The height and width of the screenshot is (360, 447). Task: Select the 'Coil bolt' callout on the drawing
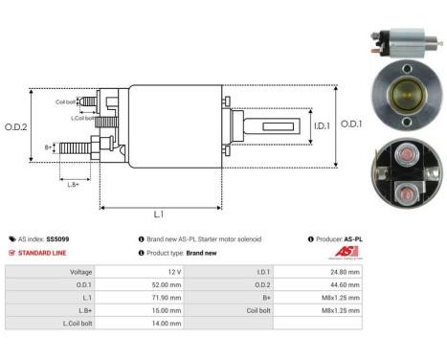[65, 101]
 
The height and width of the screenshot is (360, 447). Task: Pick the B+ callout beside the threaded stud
[49, 147]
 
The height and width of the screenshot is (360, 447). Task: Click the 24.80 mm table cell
[342, 271]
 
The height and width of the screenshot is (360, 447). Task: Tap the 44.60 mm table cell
[342, 284]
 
